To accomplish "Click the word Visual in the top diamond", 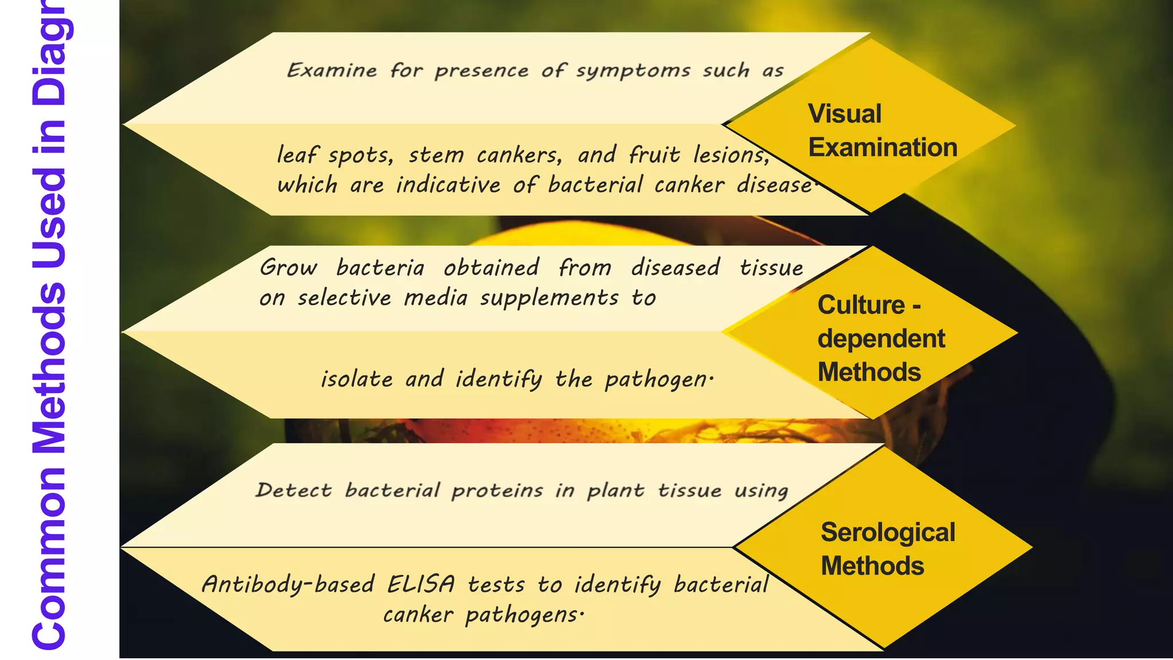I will [x=844, y=113].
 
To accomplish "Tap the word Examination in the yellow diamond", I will [x=882, y=147].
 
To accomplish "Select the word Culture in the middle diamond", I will [x=860, y=305].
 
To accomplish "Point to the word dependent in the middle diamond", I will [x=880, y=339].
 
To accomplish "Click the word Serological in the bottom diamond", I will [x=887, y=532].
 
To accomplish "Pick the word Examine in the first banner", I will [x=332, y=70].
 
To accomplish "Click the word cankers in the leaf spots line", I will [x=519, y=155].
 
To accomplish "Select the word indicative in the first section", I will [x=448, y=185].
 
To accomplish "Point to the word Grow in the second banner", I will [x=288, y=268].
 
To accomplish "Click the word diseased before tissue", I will [x=675, y=268].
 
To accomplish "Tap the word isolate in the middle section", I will [x=356, y=379].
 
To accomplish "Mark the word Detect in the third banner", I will [x=293, y=490].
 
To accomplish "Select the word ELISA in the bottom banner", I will [x=421, y=585].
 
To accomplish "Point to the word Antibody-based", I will [x=288, y=585].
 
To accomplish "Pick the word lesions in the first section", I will [x=731, y=155].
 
